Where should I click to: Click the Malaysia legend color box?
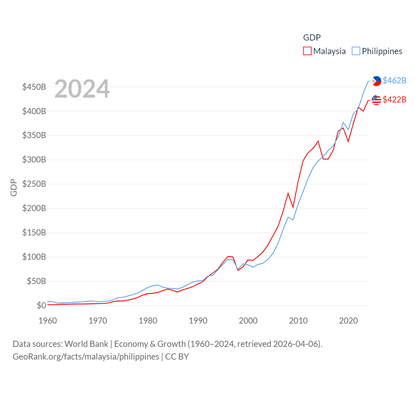(307, 51)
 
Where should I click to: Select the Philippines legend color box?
(356, 51)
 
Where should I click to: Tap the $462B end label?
(394, 80)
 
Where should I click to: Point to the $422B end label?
(394, 100)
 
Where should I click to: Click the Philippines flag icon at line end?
(376, 81)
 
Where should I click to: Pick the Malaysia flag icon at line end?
(376, 100)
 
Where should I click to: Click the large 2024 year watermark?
(82, 89)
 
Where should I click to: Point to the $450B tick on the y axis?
(34, 87)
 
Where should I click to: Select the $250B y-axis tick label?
(34, 184)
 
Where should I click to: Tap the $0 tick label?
(41, 305)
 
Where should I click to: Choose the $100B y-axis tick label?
(34, 257)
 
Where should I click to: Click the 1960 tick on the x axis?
(48, 321)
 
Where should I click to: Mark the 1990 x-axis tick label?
(198, 321)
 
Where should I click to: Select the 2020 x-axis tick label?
(349, 321)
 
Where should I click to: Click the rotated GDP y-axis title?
(14, 187)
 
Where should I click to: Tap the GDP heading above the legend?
(312, 38)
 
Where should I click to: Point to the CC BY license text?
(177, 357)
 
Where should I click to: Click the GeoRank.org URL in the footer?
(86, 357)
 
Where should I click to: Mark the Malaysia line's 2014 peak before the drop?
(318, 141)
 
